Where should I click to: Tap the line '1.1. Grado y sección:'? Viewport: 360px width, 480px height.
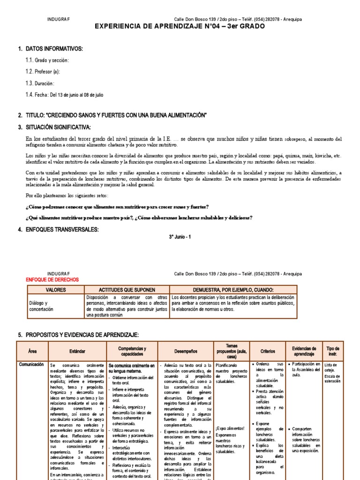47,60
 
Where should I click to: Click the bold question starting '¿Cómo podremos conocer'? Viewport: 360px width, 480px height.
117,207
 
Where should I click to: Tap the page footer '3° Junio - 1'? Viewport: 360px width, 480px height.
180,237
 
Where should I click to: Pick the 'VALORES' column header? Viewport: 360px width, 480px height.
55,290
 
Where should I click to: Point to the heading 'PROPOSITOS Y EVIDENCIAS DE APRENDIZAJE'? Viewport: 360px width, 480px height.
82,335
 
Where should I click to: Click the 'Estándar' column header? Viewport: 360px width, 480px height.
77,351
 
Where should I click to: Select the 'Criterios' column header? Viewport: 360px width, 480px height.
267,351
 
